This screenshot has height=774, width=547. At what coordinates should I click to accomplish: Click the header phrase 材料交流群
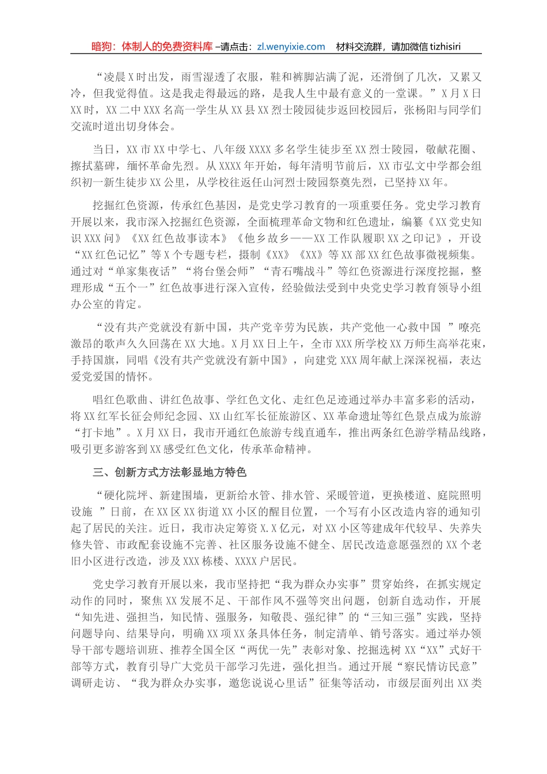click(x=360, y=47)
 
